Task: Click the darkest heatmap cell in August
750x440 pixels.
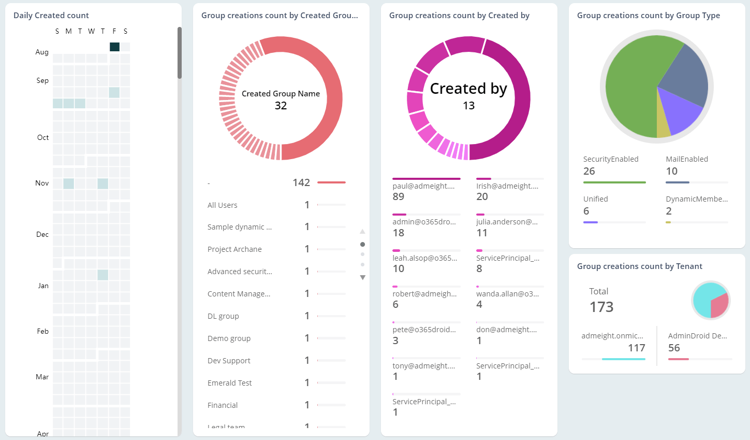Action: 114,47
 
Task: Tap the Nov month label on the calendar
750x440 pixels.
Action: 42,183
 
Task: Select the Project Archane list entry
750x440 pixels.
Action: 234,249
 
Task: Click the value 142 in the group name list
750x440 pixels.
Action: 301,182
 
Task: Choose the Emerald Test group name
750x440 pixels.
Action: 229,383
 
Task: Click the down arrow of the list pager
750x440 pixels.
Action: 362,278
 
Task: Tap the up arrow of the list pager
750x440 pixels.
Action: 362,232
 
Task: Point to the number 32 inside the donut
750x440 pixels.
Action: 281,106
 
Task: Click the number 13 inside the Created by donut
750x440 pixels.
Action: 468,106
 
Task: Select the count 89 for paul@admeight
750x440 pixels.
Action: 398,196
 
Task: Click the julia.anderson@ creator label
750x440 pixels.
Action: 507,222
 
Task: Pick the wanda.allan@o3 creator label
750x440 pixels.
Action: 507,294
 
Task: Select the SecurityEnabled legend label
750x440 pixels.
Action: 611,159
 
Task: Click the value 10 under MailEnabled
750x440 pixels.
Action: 671,171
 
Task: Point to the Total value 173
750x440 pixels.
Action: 601,307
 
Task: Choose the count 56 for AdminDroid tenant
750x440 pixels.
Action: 674,348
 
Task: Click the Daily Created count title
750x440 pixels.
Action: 51,16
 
